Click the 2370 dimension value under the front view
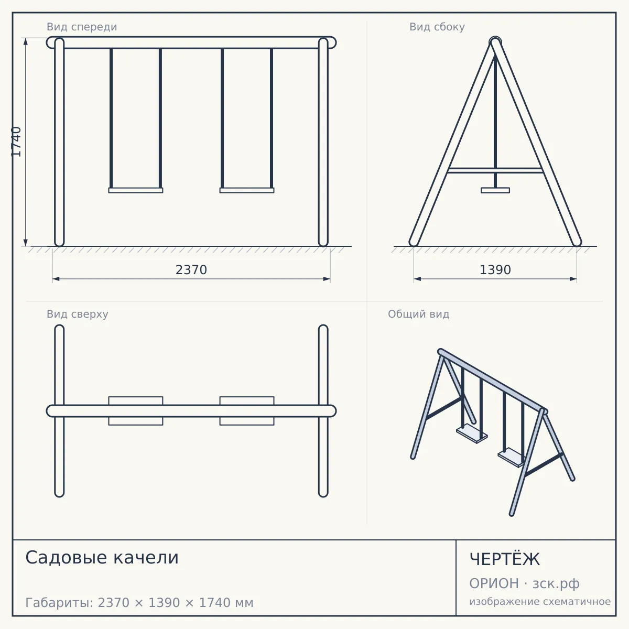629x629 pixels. (191, 270)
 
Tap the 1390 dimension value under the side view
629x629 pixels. (495, 270)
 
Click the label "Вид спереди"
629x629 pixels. (82, 27)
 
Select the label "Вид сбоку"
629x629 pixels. (437, 27)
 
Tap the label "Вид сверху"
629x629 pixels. (78, 314)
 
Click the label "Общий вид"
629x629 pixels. (418, 314)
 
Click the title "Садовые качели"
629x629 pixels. (102, 558)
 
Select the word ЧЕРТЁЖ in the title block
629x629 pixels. (505, 559)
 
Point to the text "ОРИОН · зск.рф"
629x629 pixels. (524, 583)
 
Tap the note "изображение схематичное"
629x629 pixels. (540, 602)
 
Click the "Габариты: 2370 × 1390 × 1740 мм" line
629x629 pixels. (139, 603)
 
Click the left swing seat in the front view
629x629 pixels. (136, 190)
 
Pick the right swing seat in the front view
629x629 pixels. (247, 190)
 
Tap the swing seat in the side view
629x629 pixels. (495, 190)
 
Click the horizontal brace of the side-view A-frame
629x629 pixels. (495, 170)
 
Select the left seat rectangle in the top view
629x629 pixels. (136, 411)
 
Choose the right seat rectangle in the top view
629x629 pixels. (247, 411)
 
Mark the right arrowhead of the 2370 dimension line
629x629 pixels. (327, 279)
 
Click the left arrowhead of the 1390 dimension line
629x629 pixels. (417, 279)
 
